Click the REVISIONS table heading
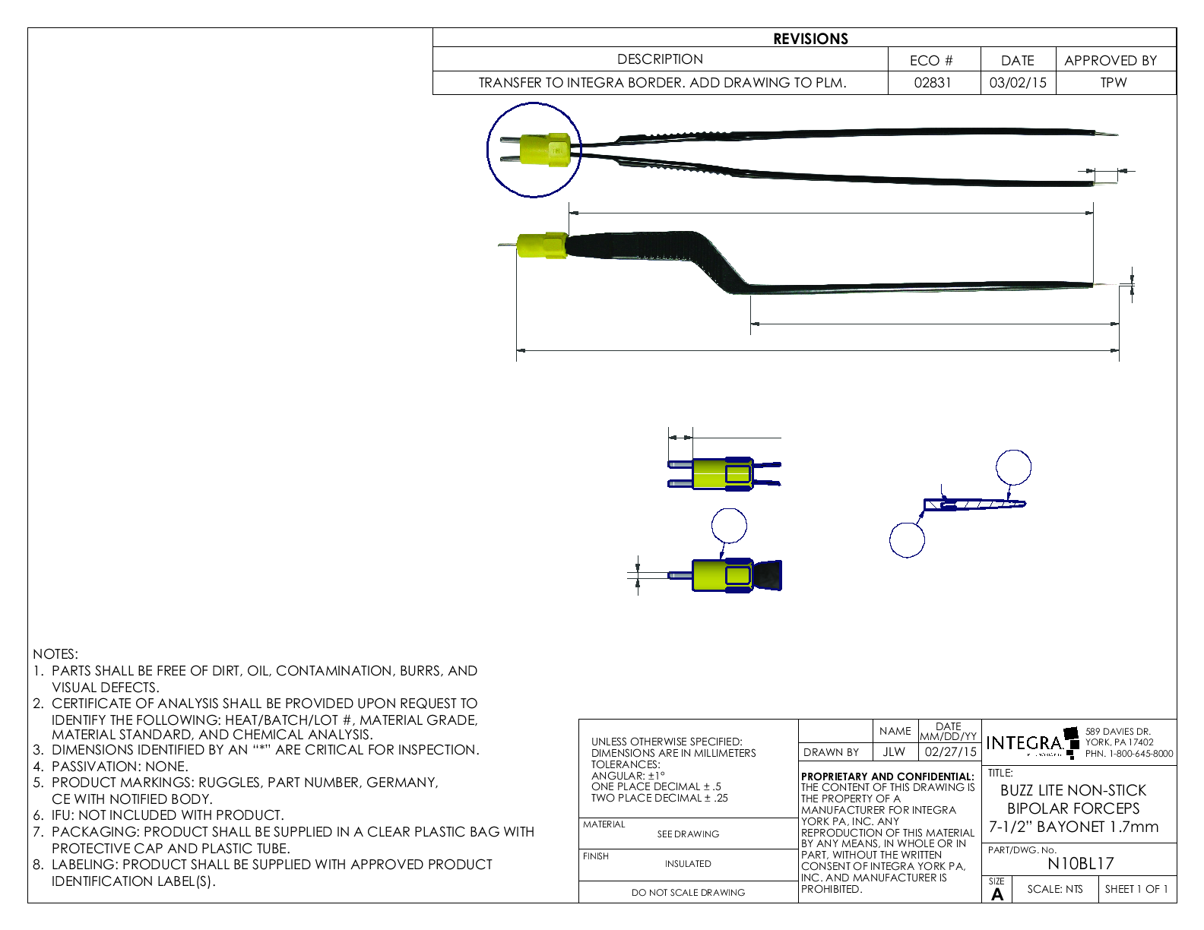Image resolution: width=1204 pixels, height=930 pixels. tap(810, 39)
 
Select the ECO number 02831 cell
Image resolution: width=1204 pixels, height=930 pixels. tap(933, 83)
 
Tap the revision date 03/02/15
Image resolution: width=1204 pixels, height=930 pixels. tap(1018, 83)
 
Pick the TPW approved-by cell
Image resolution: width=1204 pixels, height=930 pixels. tap(1114, 83)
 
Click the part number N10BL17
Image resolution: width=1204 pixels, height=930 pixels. tap(1080, 863)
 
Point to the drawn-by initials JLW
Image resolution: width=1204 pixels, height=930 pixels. tap(894, 752)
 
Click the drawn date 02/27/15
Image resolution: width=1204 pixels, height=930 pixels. tap(950, 752)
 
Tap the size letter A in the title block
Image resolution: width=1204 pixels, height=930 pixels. tap(997, 894)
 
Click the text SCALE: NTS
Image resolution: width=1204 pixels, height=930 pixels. tap(1055, 889)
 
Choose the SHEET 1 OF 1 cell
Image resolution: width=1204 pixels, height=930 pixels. tap(1136, 889)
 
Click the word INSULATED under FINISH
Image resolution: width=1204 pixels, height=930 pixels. tap(688, 864)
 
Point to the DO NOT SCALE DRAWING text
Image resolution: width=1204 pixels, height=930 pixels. tap(688, 893)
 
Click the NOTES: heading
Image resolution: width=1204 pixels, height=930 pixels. tap(55, 654)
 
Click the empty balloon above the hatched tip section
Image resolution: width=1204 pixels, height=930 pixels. tap(1013, 467)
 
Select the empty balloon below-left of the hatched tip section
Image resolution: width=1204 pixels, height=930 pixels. tap(907, 540)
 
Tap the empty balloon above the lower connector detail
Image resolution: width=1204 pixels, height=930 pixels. tap(729, 526)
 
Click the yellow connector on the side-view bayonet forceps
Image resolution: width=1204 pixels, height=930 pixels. tap(541, 246)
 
